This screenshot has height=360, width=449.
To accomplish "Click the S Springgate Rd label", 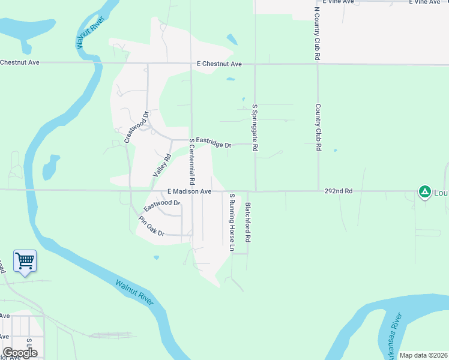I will point(255,127).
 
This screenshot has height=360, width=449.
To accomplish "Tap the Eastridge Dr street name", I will point(214,143).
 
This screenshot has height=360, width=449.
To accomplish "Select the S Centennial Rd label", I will point(192,161).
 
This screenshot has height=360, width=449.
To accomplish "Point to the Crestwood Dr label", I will point(136,127).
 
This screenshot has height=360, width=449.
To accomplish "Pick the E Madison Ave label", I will point(189,191).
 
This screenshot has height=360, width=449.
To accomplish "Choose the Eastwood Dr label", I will point(162,206).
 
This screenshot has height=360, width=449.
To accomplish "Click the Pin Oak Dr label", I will point(151,226).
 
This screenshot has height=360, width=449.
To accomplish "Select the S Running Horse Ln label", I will point(232,221).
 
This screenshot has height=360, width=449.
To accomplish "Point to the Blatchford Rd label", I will point(247,221).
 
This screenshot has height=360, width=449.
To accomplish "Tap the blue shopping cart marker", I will point(25,261).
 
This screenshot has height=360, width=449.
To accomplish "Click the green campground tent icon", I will point(424,191).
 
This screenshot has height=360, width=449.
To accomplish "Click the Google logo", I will point(20,352).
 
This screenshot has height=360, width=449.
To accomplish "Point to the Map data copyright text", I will point(424,355).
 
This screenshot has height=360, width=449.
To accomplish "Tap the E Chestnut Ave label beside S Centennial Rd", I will point(218,64).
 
